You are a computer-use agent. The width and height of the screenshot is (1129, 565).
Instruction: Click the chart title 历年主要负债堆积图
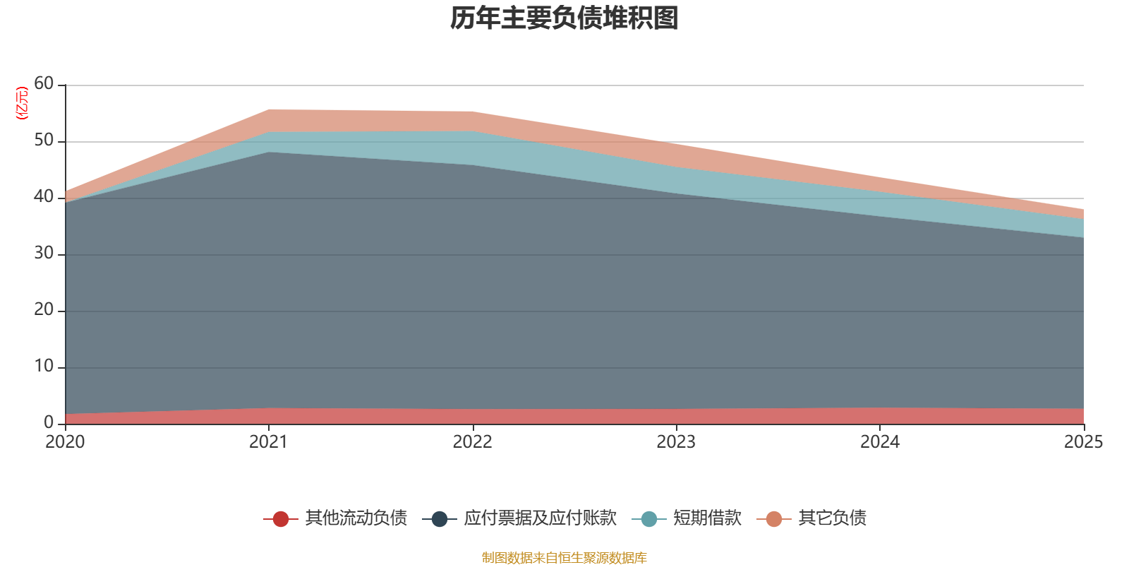tap(564, 18)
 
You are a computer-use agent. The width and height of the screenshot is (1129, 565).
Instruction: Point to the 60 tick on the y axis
tap(44, 83)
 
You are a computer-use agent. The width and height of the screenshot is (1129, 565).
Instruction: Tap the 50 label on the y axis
tap(44, 140)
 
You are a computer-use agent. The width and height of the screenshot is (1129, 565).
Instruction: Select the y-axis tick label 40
tap(44, 196)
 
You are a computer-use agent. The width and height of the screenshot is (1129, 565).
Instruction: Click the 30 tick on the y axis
tap(44, 253)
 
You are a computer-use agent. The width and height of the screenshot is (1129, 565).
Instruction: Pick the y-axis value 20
tap(44, 309)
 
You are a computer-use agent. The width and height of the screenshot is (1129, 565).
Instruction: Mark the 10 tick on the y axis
tap(44, 366)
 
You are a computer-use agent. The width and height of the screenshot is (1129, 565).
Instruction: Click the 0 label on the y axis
tap(48, 422)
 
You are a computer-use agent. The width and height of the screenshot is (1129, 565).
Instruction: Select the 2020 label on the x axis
tap(65, 442)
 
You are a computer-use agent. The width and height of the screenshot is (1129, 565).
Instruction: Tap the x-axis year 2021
tap(268, 442)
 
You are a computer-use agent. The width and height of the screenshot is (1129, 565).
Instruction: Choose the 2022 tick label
tap(472, 442)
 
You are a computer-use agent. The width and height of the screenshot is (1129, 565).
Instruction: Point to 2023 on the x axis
tap(676, 442)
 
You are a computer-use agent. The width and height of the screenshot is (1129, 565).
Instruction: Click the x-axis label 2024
tap(879, 442)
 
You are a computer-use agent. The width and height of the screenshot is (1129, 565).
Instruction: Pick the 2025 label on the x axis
tap(1082, 442)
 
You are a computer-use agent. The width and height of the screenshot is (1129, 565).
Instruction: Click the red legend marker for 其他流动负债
tap(281, 519)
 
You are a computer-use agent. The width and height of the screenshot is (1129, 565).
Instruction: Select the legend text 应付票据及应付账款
tap(540, 518)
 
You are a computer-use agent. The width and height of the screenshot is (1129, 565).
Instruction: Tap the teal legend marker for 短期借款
tap(649, 519)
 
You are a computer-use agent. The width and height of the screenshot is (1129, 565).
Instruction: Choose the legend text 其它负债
tap(832, 518)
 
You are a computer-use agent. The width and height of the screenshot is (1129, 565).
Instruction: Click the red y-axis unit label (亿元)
tap(22, 103)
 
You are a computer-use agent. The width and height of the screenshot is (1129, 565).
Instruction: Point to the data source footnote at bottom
tap(564, 558)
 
